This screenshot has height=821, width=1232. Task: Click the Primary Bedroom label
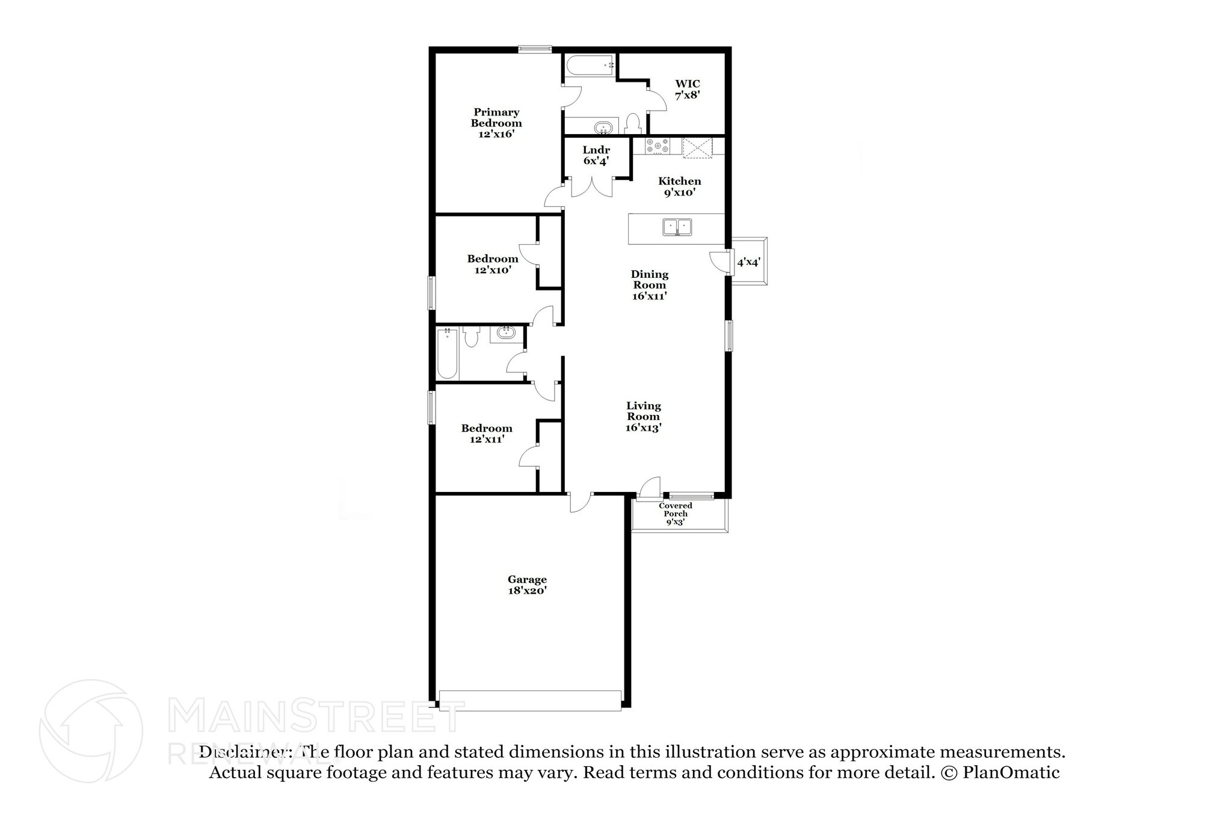click(496, 123)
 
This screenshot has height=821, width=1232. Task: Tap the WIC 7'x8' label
click(687, 89)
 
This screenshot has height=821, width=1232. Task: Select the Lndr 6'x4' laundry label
click(596, 155)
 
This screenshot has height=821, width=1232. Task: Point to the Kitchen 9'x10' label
click(680, 186)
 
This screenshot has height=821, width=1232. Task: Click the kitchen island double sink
click(677, 227)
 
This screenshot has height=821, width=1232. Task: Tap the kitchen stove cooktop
click(657, 146)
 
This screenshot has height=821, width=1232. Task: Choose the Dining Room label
click(650, 285)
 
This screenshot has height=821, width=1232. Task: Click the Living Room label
click(644, 416)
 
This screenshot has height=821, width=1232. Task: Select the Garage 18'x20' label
click(527, 585)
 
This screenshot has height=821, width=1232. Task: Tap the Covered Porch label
click(676, 514)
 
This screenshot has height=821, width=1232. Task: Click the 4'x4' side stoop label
click(749, 262)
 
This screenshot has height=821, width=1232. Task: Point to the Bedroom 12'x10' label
click(493, 264)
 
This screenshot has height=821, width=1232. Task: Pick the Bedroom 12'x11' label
click(487, 433)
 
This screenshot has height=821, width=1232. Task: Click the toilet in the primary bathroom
click(632, 123)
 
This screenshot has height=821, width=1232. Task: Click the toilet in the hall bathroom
click(470, 337)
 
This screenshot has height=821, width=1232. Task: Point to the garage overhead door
click(530, 701)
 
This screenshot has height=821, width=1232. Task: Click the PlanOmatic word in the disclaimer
click(1011, 772)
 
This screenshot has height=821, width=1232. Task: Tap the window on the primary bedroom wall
click(535, 49)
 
